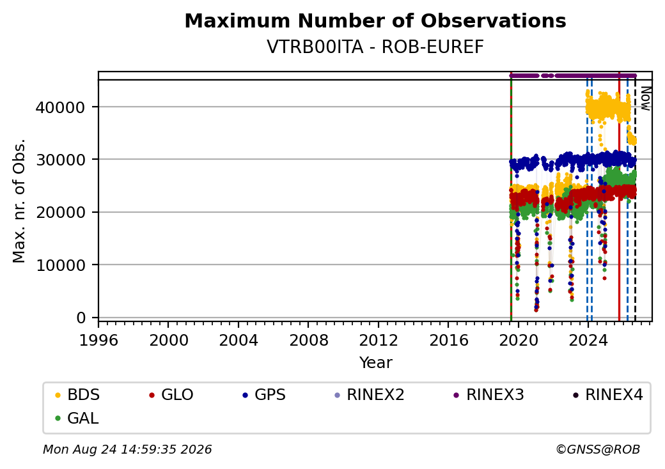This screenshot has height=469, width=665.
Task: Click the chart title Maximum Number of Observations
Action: [375, 20]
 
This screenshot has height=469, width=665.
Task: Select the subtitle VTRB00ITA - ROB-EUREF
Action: [375, 47]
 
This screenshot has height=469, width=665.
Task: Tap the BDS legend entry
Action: [77, 395]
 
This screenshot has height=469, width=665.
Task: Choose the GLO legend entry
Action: [171, 395]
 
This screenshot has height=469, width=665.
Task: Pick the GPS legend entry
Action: [264, 395]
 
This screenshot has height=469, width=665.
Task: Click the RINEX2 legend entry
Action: [369, 395]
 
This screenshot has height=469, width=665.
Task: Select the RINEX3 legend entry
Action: [489, 395]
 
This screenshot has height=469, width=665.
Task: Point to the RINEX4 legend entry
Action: [607, 395]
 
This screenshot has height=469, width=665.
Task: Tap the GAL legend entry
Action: [77, 418]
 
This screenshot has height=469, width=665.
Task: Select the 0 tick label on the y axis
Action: [81, 318]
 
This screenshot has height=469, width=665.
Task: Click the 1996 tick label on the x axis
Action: [99, 340]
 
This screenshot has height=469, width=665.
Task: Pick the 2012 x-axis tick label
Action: [379, 340]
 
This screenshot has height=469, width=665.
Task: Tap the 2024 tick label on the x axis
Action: [588, 340]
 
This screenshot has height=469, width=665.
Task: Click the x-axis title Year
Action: [376, 363]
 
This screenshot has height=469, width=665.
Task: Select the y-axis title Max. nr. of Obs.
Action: [19, 201]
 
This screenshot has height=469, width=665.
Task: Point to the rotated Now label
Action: [645, 98]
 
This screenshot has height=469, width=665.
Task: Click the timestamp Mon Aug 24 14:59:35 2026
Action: [127, 449]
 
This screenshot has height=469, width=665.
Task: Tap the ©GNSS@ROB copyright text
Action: [598, 449]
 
